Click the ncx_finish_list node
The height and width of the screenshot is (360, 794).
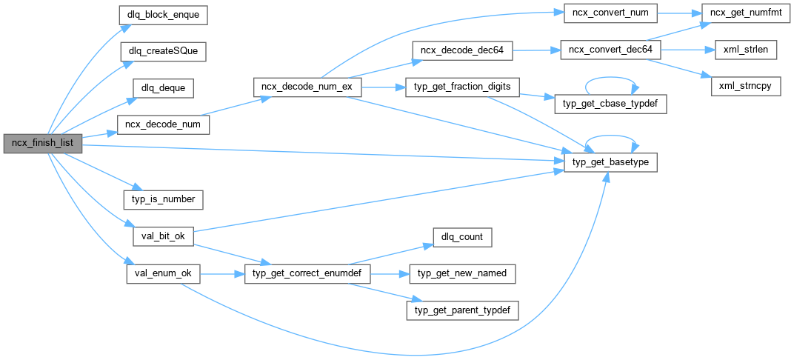[41, 143]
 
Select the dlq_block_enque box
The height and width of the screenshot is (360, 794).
[163, 14]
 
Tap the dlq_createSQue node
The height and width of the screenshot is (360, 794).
[163, 51]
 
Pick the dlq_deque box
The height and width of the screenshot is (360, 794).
[163, 88]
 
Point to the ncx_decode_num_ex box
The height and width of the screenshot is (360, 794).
[307, 87]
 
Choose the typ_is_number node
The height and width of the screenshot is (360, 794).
[163, 199]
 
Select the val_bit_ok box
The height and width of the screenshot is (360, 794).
[163, 236]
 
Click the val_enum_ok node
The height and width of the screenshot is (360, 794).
[163, 273]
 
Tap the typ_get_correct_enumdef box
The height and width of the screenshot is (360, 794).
[307, 273]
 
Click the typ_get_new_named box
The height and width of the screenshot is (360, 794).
[462, 273]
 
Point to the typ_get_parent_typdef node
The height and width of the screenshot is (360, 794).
[462, 310]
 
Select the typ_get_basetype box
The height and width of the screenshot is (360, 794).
[610, 161]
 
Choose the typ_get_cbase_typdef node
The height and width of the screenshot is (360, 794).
[610, 104]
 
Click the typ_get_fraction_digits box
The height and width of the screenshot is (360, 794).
[462, 87]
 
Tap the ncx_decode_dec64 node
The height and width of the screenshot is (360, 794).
[462, 50]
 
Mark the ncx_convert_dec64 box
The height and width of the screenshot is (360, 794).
[610, 50]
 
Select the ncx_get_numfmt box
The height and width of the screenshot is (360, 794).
[741, 14]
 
